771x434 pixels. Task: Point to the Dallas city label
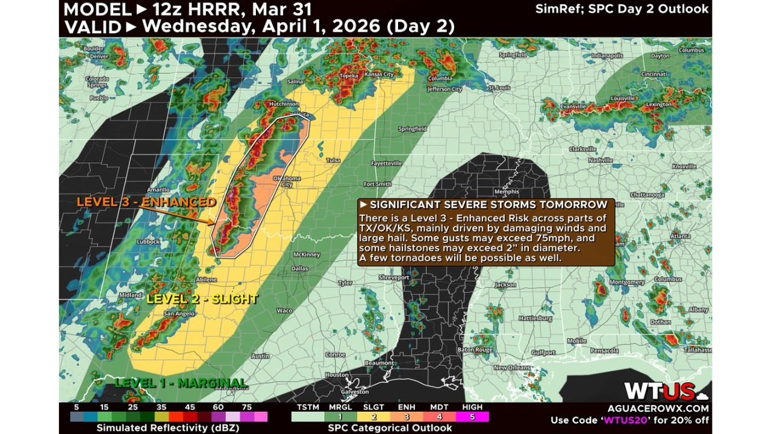click(x=299, y=269)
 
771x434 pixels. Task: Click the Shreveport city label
click(x=394, y=277)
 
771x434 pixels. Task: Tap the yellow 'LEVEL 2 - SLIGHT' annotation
click(x=202, y=299)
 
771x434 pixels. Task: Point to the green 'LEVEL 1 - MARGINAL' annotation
click(x=181, y=383)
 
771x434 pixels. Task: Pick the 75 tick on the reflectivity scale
click(x=247, y=407)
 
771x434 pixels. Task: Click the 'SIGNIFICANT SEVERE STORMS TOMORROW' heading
click(x=489, y=206)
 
